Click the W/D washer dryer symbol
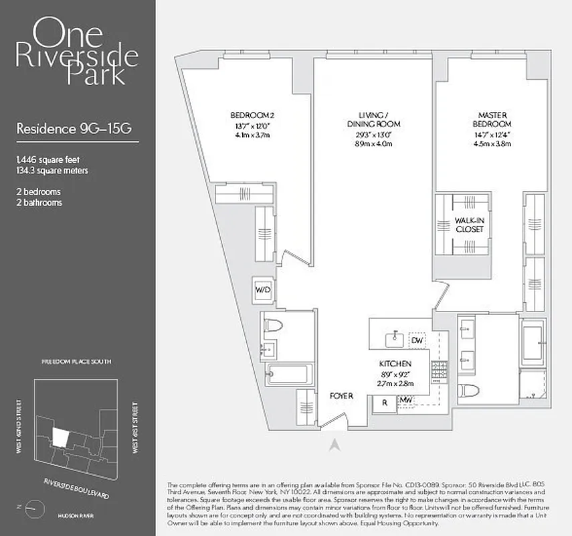click(262, 289)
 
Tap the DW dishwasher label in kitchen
click(417, 340)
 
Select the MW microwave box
click(405, 401)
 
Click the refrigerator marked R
click(385, 403)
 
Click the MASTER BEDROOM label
click(495, 119)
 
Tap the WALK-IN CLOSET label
click(469, 224)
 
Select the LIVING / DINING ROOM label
click(373, 119)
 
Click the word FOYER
click(341, 396)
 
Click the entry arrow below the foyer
click(337, 443)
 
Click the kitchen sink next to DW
click(395, 337)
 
